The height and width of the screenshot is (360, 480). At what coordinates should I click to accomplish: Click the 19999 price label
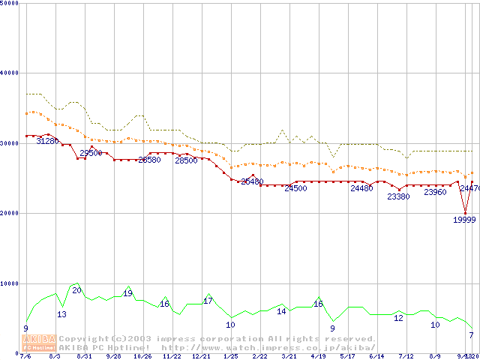(464, 220)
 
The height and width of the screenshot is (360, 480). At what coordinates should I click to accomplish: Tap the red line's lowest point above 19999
(465, 213)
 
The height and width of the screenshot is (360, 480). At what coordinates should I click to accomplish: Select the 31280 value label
(48, 141)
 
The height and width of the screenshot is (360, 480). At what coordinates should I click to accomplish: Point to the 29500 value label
(91, 153)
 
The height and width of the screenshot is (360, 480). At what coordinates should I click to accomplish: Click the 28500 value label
(186, 160)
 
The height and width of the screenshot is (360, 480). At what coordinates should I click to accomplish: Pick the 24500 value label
(295, 188)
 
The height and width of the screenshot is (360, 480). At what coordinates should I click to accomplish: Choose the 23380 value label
(398, 196)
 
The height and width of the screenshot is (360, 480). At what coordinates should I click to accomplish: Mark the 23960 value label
(435, 192)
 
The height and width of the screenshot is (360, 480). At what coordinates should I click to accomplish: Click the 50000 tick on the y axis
(10, 3)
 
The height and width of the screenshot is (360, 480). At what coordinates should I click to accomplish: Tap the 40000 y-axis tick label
(10, 73)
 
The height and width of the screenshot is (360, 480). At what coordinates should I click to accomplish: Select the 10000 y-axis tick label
(10, 283)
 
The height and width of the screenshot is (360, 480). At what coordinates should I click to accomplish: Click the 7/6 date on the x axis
(25, 356)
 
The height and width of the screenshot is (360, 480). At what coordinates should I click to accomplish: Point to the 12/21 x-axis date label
(200, 356)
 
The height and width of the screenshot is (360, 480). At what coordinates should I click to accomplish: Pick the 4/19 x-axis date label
(318, 356)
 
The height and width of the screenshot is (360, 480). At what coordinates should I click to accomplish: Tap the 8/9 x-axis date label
(435, 356)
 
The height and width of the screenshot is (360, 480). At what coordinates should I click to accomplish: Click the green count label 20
(76, 290)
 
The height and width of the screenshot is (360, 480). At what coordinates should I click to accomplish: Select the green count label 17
(208, 301)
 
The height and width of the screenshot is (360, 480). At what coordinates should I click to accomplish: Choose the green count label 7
(471, 334)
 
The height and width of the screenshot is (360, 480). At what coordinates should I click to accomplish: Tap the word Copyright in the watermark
(82, 339)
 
